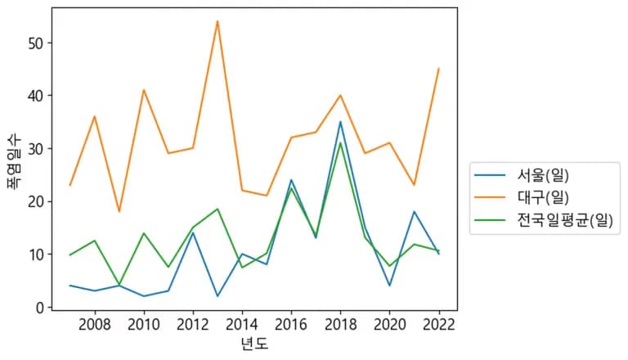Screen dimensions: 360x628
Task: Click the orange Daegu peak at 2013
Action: click(x=218, y=21)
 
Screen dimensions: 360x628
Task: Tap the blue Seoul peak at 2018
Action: click(x=340, y=122)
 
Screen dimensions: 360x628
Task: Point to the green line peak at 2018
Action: click(x=340, y=143)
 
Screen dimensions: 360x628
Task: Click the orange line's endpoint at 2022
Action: click(x=438, y=69)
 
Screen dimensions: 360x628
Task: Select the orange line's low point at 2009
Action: click(x=119, y=212)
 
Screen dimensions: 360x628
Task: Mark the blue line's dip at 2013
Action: click(x=218, y=296)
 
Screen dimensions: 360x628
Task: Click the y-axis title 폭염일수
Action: click(x=14, y=162)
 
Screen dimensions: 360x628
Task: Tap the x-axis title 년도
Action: click(x=254, y=344)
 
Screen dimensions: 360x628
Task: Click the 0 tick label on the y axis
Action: click(x=38, y=308)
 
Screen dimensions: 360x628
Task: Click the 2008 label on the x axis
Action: click(x=95, y=324)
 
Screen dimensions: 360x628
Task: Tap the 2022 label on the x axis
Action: click(x=438, y=324)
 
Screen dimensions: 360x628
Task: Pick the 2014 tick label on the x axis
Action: click(x=242, y=324)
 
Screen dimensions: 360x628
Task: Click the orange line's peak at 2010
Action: click(x=144, y=90)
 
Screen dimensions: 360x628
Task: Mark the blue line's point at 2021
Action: click(x=414, y=212)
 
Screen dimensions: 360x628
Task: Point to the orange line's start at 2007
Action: click(x=70, y=185)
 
